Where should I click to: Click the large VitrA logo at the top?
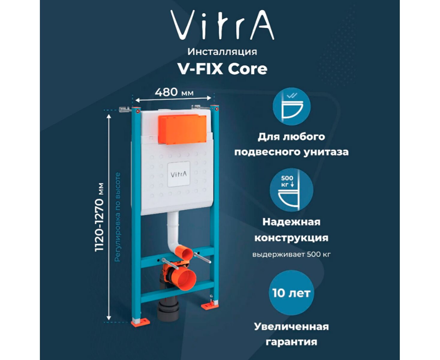pyautogui.click(x=222, y=25)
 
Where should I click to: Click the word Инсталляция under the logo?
pyautogui.click(x=222, y=52)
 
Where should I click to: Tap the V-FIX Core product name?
pyautogui.click(x=222, y=69)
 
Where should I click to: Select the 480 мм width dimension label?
pyautogui.click(x=174, y=92)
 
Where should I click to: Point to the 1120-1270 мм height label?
pyautogui.click(x=99, y=217)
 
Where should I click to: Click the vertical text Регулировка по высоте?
pyautogui.click(x=118, y=217)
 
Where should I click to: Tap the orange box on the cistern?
pyautogui.click(x=182, y=129)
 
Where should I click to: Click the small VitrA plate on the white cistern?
pyautogui.click(x=178, y=174)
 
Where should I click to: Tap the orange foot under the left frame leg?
pyautogui.click(x=140, y=322)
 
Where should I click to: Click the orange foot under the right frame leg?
pyautogui.click(x=210, y=305)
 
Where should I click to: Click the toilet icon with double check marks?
pyautogui.click(x=292, y=106)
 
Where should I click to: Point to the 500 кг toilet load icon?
pyautogui.click(x=292, y=190)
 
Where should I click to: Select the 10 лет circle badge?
pyautogui.click(x=291, y=292)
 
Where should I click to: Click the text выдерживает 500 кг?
pyautogui.click(x=292, y=255)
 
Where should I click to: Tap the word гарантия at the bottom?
pyautogui.click(x=292, y=342)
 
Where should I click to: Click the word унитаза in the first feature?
pyautogui.click(x=326, y=152)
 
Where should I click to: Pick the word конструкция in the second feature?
pyautogui.click(x=292, y=238)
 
